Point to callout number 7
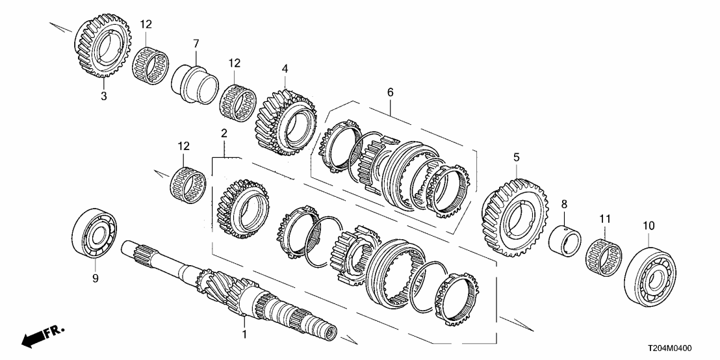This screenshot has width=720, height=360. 194,44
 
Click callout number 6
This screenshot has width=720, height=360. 391,94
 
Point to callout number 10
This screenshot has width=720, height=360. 648,225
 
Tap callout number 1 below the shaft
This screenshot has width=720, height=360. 245,335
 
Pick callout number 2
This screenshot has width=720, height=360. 224,133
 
